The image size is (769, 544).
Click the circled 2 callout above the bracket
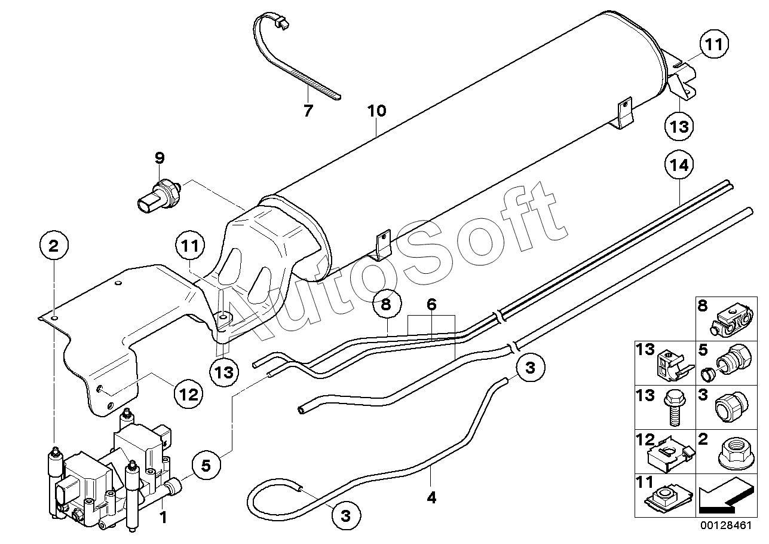click(x=54, y=245)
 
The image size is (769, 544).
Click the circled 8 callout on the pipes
click(x=386, y=305)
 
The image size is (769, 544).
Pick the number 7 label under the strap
click(x=308, y=111)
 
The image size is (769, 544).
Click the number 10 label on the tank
click(x=377, y=111)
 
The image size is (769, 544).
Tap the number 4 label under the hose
click(x=432, y=497)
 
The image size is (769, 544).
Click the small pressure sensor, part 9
click(x=158, y=195)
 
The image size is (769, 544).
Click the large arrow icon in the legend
click(x=724, y=497)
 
